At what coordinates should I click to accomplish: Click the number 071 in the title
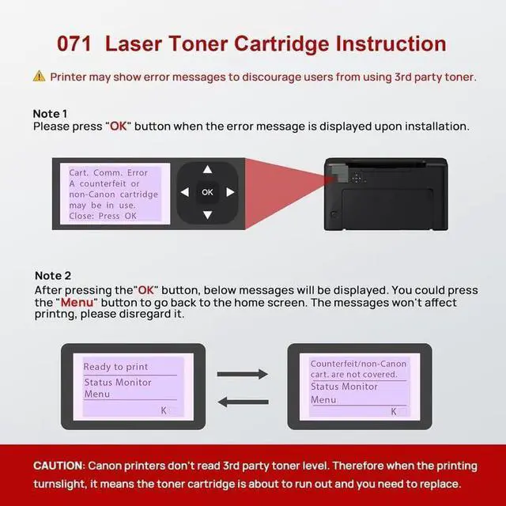pyautogui.click(x=74, y=43)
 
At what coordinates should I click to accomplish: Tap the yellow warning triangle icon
pyautogui.click(x=39, y=77)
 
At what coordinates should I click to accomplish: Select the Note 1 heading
pyautogui.click(x=50, y=114)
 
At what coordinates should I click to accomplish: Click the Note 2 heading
pyautogui.click(x=53, y=276)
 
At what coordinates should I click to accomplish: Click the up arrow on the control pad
pyautogui.click(x=207, y=169)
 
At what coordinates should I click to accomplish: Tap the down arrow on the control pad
pyautogui.click(x=207, y=214)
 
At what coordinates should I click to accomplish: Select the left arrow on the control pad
pyautogui.click(x=184, y=192)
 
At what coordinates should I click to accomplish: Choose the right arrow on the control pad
pyautogui.click(x=230, y=192)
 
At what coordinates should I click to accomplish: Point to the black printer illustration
pyautogui.click(x=386, y=194)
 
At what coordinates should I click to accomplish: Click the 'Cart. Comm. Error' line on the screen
pyautogui.click(x=108, y=173)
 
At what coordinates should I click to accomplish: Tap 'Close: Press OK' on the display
pyautogui.click(x=103, y=216)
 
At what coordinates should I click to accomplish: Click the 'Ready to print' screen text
pyautogui.click(x=115, y=367)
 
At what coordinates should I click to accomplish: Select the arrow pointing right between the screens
pyautogui.click(x=243, y=374)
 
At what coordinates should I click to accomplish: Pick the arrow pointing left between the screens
pyautogui.click(x=243, y=402)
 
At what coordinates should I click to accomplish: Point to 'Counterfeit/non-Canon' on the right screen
pyautogui.click(x=358, y=364)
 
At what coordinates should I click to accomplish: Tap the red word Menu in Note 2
pyautogui.click(x=77, y=303)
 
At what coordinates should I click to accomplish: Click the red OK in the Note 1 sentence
pyautogui.click(x=119, y=126)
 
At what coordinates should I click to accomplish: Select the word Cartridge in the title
pyautogui.click(x=281, y=44)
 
